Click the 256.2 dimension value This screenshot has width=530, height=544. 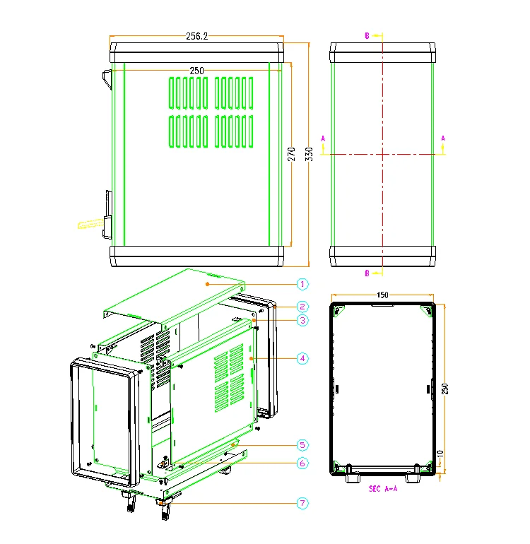tap(196, 36)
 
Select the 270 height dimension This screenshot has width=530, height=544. tap(291, 154)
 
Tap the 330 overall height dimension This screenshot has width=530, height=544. tap(309, 154)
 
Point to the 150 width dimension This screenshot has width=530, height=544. tap(382, 295)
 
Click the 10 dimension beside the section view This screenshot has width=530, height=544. tap(440, 454)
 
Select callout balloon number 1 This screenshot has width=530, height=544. tap(302, 284)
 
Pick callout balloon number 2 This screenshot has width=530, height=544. tap(302, 307)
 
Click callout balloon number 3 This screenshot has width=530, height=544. tap(302, 320)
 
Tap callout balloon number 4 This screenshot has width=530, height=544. tap(302, 358)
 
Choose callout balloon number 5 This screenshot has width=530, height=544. tap(302, 445)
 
